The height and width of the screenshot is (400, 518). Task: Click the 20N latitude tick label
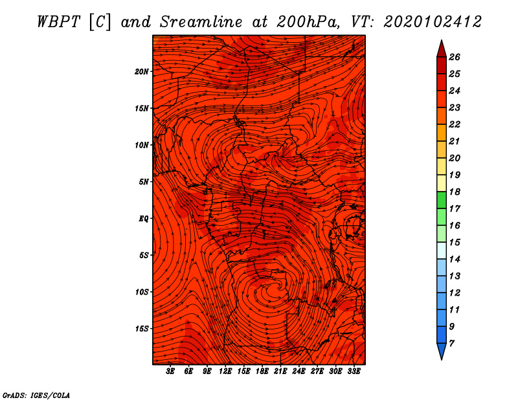142,72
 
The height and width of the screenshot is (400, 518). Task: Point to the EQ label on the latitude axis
143,219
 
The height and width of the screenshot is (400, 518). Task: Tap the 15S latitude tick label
142,329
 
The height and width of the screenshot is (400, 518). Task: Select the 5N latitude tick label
144,182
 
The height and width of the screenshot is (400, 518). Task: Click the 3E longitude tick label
170,371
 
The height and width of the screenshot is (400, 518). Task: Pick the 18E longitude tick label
262,371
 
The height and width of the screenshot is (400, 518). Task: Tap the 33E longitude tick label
354,371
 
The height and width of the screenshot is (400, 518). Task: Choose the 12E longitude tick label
225,371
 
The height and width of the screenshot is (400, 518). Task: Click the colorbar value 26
455,57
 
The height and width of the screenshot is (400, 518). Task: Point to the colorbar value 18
455,192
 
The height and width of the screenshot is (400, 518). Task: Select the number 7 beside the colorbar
451,344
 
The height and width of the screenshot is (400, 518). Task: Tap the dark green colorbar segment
442,200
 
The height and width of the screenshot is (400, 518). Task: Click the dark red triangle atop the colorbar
442,50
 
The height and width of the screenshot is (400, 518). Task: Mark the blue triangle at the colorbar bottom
442,351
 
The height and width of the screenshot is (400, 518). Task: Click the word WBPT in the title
58,22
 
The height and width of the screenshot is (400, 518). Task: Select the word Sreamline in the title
201,22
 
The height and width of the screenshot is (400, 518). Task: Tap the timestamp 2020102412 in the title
433,22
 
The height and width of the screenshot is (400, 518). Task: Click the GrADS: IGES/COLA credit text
36,395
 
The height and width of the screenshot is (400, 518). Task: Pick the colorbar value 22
455,124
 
